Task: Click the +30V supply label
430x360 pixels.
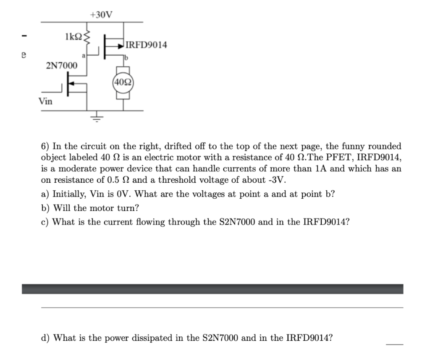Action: (101, 15)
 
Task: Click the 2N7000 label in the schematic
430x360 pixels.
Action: (61, 66)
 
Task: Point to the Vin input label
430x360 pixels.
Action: (45, 101)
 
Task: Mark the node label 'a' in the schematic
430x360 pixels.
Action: (84, 55)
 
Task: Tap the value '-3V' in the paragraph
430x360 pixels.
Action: (277, 180)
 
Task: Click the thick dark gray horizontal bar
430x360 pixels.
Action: (212, 289)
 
